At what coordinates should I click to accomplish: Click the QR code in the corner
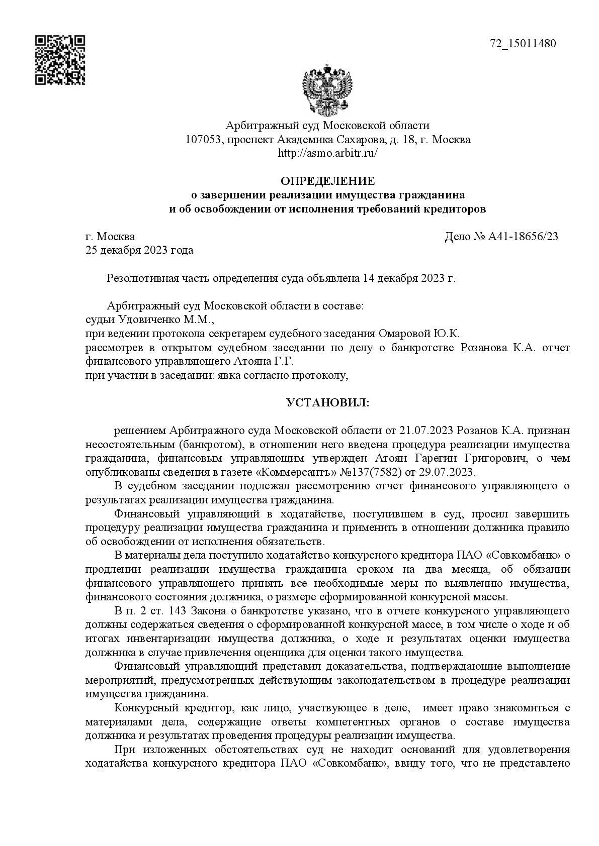click(59, 60)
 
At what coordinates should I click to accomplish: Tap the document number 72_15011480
click(523, 44)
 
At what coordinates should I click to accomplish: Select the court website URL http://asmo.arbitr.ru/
click(327, 153)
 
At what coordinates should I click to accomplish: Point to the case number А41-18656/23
click(523, 237)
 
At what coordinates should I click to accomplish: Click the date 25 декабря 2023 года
click(139, 250)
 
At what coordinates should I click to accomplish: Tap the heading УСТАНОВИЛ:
click(327, 403)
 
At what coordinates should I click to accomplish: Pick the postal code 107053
click(204, 140)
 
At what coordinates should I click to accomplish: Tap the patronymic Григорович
click(483, 459)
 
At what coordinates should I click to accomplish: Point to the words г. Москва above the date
click(110, 237)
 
